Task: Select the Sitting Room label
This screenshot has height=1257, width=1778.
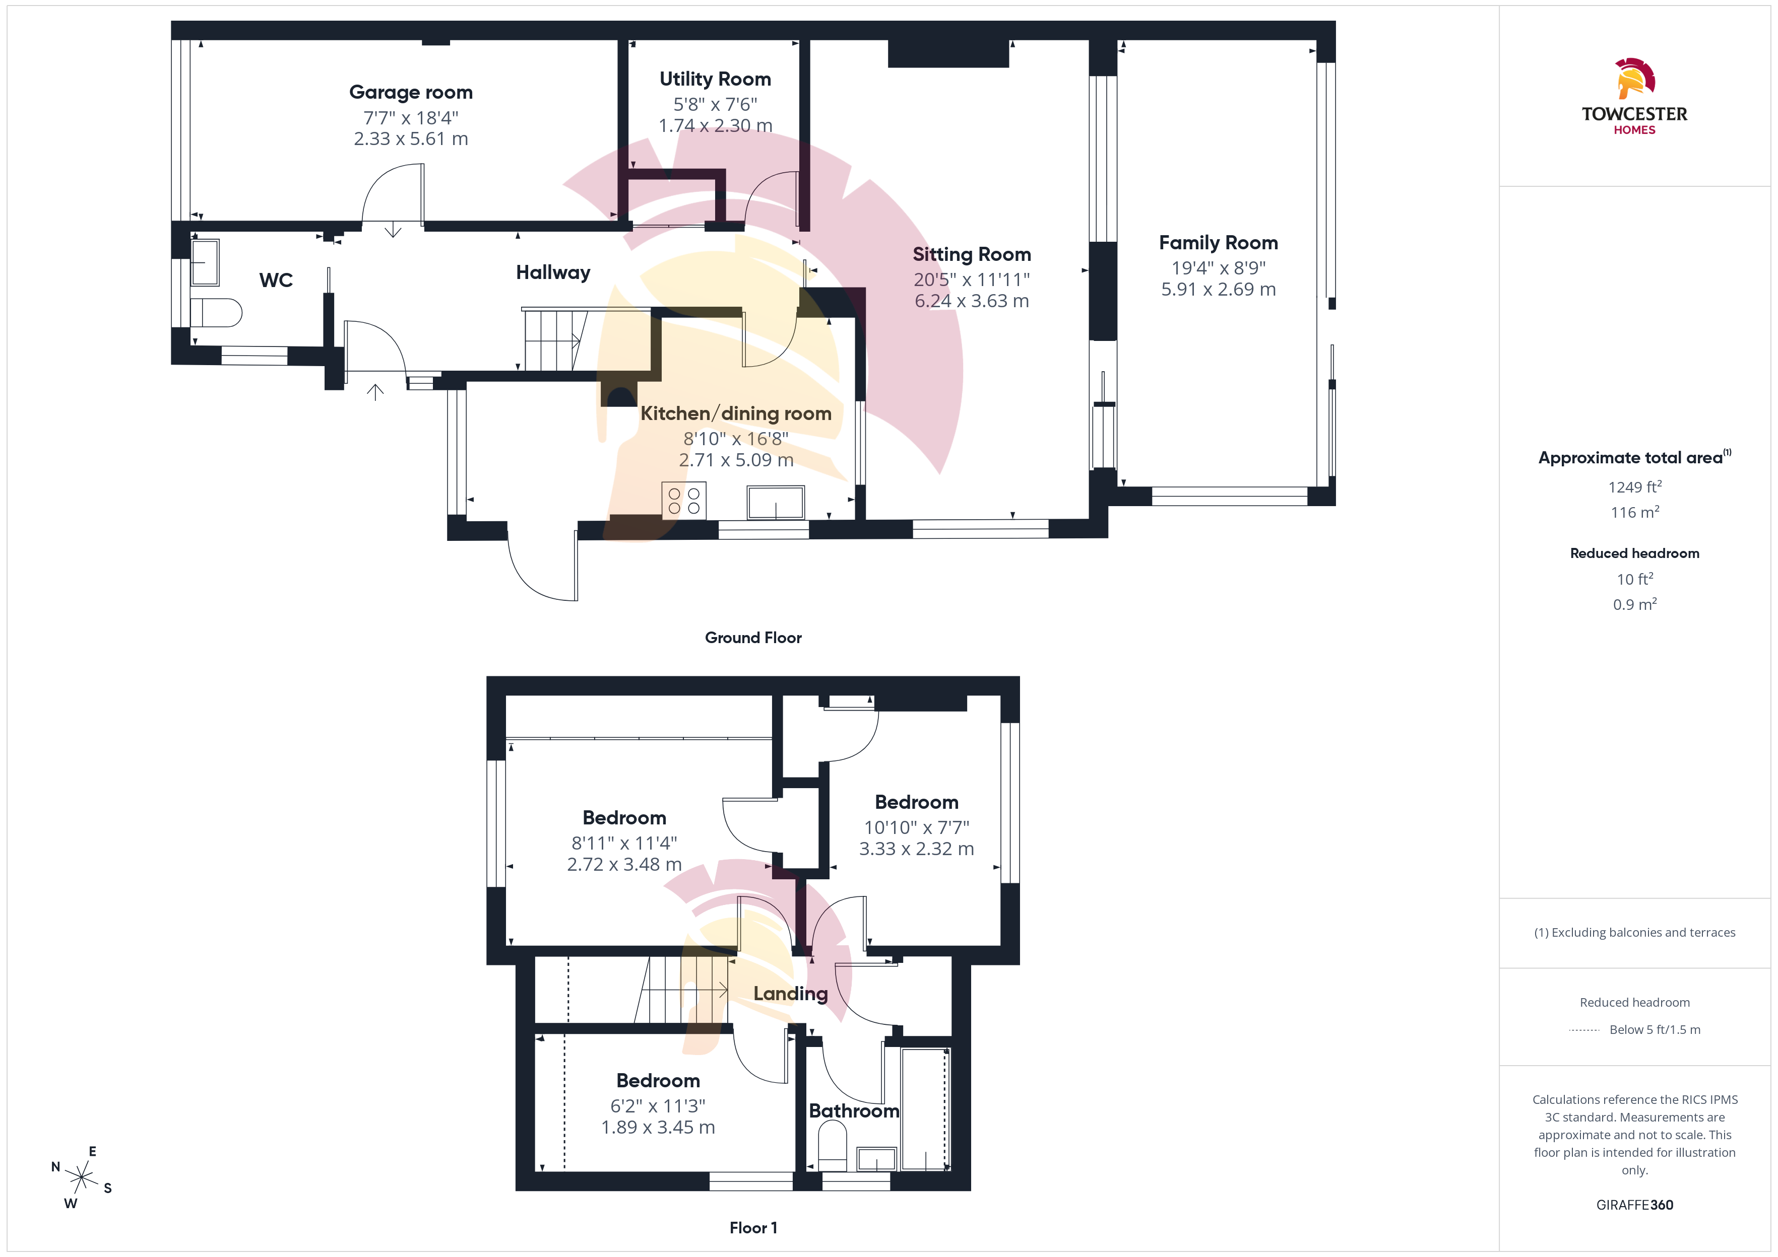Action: tap(971, 255)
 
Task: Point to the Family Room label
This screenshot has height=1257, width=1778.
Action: tap(1218, 243)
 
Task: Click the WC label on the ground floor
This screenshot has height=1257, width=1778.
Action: tap(276, 280)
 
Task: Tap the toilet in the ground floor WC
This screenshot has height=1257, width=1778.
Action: tap(216, 313)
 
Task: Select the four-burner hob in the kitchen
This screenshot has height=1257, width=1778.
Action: tap(684, 500)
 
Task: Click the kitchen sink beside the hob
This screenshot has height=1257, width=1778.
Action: tap(775, 502)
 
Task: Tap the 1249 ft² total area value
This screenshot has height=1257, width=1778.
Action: tap(1635, 487)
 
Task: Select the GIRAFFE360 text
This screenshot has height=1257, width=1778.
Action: tap(1635, 1205)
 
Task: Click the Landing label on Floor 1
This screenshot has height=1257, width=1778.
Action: tap(791, 994)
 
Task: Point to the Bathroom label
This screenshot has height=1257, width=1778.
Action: tap(854, 1111)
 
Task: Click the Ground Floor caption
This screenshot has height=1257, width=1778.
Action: tap(753, 638)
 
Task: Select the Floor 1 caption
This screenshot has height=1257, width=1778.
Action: tap(753, 1228)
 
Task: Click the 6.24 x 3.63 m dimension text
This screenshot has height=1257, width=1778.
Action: tap(971, 301)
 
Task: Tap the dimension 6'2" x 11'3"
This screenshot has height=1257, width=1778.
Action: tap(658, 1106)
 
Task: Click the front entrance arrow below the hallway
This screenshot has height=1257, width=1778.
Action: tap(375, 392)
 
